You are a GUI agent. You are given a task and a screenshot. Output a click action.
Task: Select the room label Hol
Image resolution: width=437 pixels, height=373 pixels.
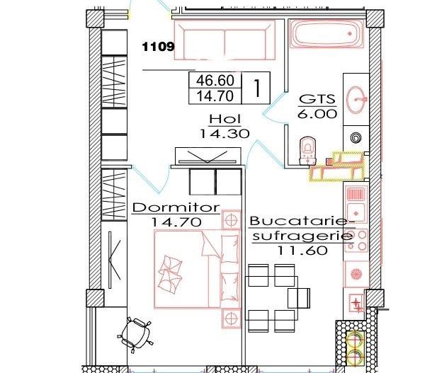coord(226,118)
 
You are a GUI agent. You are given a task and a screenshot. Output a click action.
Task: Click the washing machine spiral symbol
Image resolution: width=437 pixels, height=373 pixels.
coord(355,137)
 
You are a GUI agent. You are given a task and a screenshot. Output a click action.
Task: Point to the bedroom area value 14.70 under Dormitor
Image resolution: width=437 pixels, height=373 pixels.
coord(177,222)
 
